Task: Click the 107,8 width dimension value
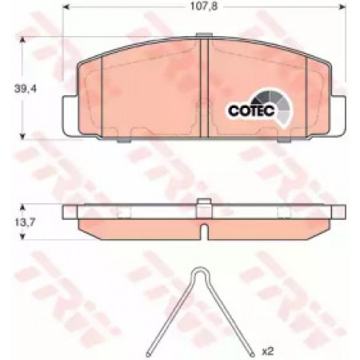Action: tap(204, 6)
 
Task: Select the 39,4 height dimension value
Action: tap(26, 89)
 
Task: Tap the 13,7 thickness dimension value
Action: tap(25, 222)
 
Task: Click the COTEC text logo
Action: tap(251, 110)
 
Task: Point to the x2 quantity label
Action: tap(267, 351)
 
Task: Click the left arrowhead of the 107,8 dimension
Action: tap(66, 6)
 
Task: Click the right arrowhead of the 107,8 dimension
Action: tap(342, 6)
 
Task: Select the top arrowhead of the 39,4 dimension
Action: tap(22, 40)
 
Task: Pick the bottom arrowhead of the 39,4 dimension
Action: tap(22, 137)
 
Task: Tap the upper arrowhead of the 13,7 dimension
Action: tap(22, 207)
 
